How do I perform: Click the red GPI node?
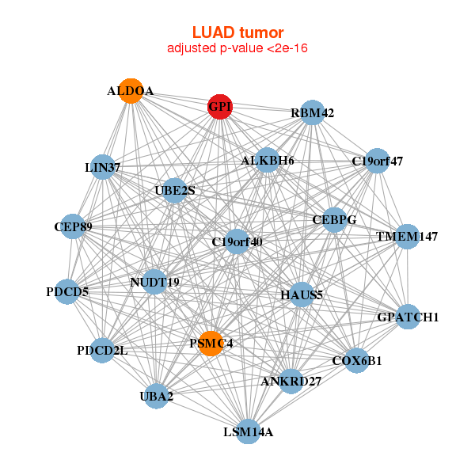coord(219,107)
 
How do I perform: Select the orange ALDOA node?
coord(131,91)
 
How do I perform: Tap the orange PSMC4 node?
coord(211,343)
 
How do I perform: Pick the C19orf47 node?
coord(377,161)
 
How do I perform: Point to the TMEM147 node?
coord(406,237)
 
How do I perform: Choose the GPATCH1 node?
coord(408,317)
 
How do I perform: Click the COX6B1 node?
coord(356,360)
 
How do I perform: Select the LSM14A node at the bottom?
coord(248,431)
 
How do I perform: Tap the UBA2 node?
coord(157,396)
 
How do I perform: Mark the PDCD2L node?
coord(101,350)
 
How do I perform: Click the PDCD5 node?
coord(67,291)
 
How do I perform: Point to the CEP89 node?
coord(73,227)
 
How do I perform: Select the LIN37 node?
coord(101,167)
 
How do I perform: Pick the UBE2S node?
coord(175,190)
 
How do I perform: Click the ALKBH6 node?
coord(268,161)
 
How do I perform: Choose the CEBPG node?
coord(334,219)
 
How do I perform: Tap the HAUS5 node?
coord(302,295)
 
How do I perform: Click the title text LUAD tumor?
coord(237,32)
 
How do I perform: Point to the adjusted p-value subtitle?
coord(237,49)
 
